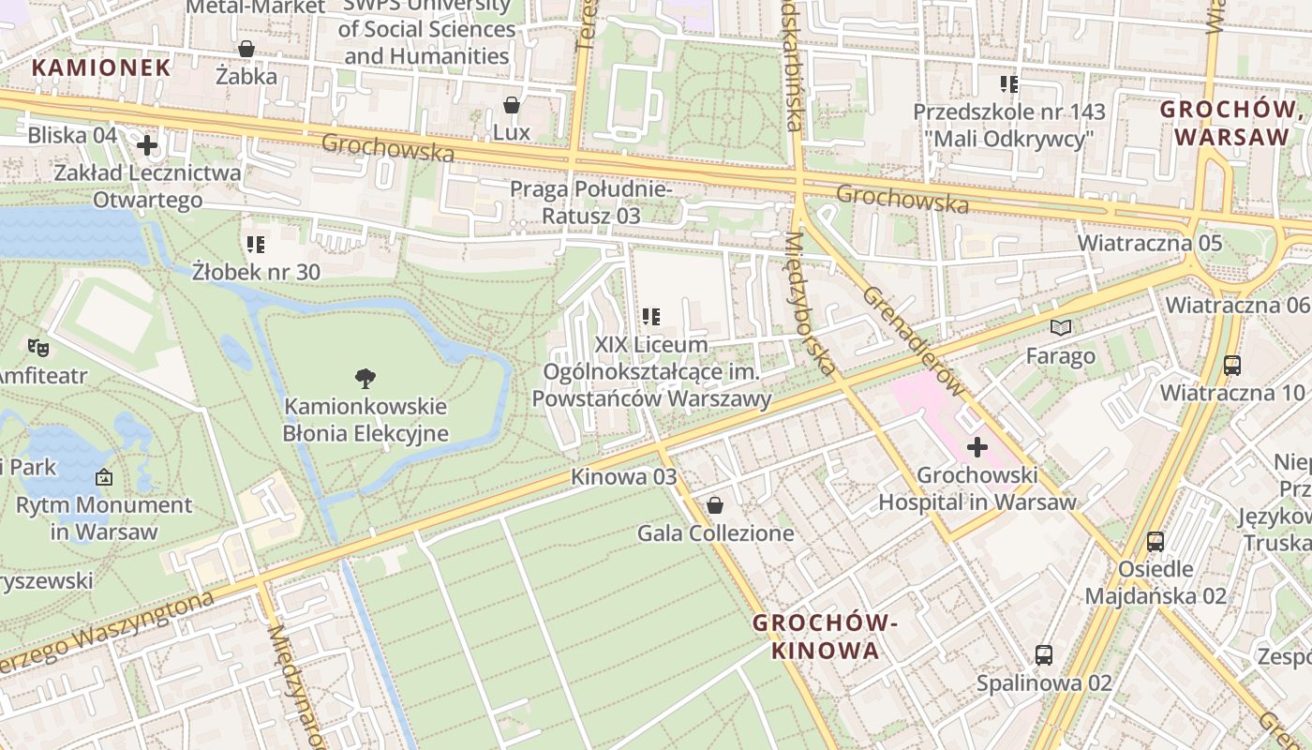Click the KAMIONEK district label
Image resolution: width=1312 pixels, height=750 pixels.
[x=101, y=67]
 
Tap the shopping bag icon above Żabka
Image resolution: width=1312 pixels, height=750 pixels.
[x=246, y=49]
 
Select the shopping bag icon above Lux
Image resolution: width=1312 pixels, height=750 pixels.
[x=512, y=105]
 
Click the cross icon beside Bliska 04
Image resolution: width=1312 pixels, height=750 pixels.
[x=147, y=145]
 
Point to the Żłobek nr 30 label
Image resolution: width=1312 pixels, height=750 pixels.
[x=256, y=272]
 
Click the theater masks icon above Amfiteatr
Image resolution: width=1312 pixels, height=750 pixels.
[x=37, y=348]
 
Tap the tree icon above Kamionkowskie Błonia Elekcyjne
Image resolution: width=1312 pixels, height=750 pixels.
[x=365, y=379]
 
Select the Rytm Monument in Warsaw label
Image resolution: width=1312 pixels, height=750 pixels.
[x=104, y=517]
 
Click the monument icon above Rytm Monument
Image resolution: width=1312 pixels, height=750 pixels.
[x=104, y=478]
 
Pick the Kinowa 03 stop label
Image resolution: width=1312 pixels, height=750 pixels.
[x=623, y=476]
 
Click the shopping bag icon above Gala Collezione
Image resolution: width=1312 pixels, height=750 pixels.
[x=715, y=506]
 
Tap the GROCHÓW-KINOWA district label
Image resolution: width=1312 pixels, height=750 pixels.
[x=826, y=637]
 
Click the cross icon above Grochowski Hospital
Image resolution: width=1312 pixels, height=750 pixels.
[x=977, y=447]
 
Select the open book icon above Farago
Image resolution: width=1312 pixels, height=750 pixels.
[x=1061, y=327]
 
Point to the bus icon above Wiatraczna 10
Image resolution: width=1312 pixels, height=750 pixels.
[x=1232, y=366]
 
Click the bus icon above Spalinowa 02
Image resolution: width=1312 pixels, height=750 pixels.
[x=1044, y=654]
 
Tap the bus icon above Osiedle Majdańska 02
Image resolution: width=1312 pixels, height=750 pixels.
[x=1155, y=541]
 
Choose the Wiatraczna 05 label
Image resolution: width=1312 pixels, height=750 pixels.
[x=1149, y=243]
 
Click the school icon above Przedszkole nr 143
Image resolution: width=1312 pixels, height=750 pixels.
[x=1009, y=84]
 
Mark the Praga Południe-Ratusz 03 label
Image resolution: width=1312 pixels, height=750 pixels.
[x=590, y=202]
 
